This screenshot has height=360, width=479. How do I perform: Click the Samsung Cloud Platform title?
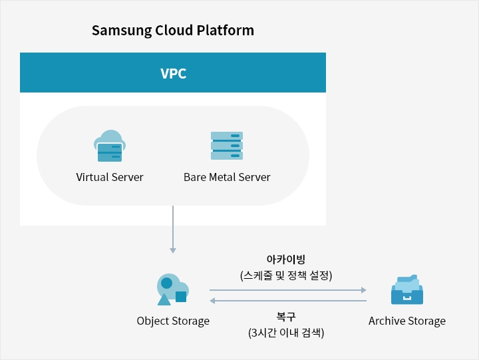coord(173,31)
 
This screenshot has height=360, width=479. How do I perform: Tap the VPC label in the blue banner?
coord(173,73)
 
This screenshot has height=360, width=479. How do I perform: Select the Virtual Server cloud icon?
coord(110,146)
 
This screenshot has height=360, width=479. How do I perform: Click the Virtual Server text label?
coord(110,178)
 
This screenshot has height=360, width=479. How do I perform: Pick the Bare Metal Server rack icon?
coord(227,146)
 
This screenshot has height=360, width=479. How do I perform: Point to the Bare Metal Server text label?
coord(227,178)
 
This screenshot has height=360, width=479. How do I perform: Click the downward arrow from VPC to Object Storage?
coord(173,230)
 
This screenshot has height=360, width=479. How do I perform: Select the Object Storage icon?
coord(172,289)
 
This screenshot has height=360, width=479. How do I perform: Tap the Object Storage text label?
coord(173,321)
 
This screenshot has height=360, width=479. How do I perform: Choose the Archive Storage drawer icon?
coord(406,290)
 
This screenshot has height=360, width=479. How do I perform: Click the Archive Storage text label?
coord(407,321)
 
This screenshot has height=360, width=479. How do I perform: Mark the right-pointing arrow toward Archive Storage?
coord(288,290)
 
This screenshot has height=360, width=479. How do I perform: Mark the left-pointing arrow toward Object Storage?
coord(288,301)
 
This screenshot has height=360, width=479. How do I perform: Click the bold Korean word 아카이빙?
coord(285,260)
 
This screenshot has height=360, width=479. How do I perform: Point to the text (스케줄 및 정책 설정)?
coord(285,275)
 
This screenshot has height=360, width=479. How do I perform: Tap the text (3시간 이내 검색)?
coord(285,333)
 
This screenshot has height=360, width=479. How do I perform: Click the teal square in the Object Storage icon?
coord(181,297)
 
